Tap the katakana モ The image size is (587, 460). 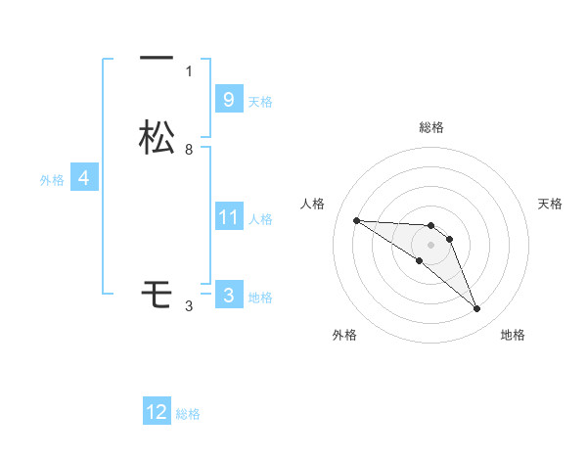157,293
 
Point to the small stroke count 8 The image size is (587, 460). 189,150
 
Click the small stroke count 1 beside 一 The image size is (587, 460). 189,71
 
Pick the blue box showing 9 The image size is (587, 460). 228,99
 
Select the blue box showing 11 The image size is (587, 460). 228,217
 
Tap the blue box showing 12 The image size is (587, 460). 157,412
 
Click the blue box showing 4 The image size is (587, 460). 84,178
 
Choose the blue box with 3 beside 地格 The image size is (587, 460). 228,296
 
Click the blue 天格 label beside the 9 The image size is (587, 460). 260,101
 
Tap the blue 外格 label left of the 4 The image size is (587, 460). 52,180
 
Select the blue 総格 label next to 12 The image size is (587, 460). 188,414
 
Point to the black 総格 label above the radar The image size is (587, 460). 430,127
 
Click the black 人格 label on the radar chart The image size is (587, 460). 312,204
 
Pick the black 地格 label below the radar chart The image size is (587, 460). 513,336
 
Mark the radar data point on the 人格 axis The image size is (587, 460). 356,220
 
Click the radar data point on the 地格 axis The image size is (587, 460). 476,309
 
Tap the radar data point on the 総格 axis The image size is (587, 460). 430,226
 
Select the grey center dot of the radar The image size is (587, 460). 430,245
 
